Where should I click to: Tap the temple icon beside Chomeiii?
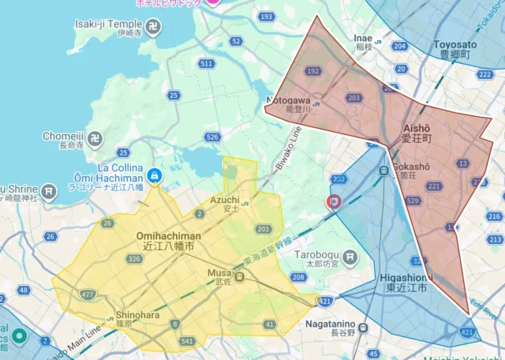pyautogui.click(x=95, y=140)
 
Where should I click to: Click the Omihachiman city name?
pyautogui.click(x=168, y=236)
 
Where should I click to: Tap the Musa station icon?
pyautogui.click(x=240, y=276)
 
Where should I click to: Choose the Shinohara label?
pyautogui.click(x=137, y=314)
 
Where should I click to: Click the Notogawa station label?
pyautogui.click(x=298, y=103)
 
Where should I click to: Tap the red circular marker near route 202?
pyautogui.click(x=334, y=202)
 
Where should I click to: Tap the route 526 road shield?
pyautogui.click(x=212, y=137)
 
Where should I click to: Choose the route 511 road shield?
pyautogui.click(x=207, y=63)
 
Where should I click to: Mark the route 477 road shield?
pyautogui.click(x=87, y=294)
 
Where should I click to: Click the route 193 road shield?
pyautogui.click(x=267, y=17)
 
